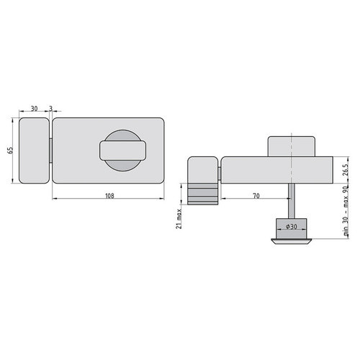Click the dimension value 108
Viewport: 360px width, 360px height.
(x=109, y=196)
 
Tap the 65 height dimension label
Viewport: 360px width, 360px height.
(x=10, y=150)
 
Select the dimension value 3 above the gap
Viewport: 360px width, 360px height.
(x=50, y=109)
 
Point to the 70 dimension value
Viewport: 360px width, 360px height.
(x=256, y=196)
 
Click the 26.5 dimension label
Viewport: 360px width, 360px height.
(x=345, y=170)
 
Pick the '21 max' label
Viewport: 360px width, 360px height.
(x=179, y=219)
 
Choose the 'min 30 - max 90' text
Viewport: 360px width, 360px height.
(x=346, y=211)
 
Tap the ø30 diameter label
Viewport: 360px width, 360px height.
(x=292, y=226)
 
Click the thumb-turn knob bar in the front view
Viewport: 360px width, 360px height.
(x=122, y=150)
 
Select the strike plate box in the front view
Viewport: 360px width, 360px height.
(x=34, y=150)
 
